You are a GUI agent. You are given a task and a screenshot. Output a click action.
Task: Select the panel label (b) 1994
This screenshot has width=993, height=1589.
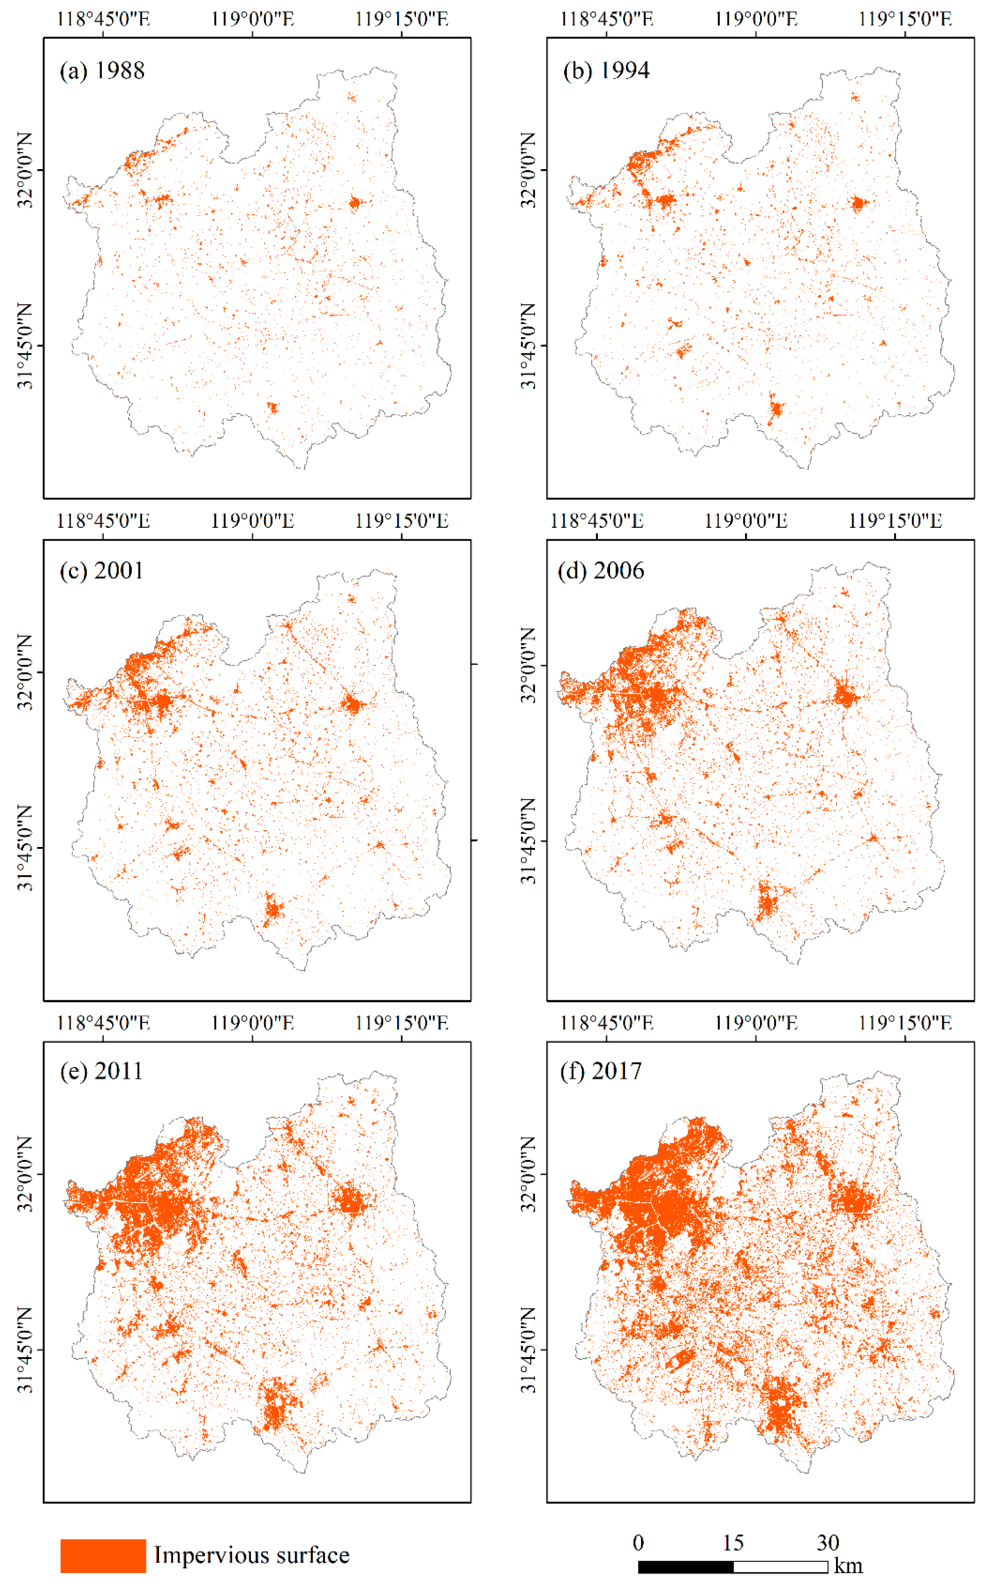606,70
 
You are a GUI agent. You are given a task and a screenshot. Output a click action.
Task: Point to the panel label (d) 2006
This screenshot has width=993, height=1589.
600,571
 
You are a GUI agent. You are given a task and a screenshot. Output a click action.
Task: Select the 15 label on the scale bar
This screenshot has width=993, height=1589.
733,1542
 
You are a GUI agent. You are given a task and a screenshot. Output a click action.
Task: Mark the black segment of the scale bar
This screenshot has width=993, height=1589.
686,1567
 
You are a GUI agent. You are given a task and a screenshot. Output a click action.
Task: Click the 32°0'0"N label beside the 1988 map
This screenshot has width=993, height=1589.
25,170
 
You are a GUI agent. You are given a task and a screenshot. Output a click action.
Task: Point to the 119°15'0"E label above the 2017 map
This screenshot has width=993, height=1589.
905,1023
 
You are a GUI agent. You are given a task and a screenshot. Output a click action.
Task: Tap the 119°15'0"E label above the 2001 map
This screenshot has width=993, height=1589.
402,521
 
